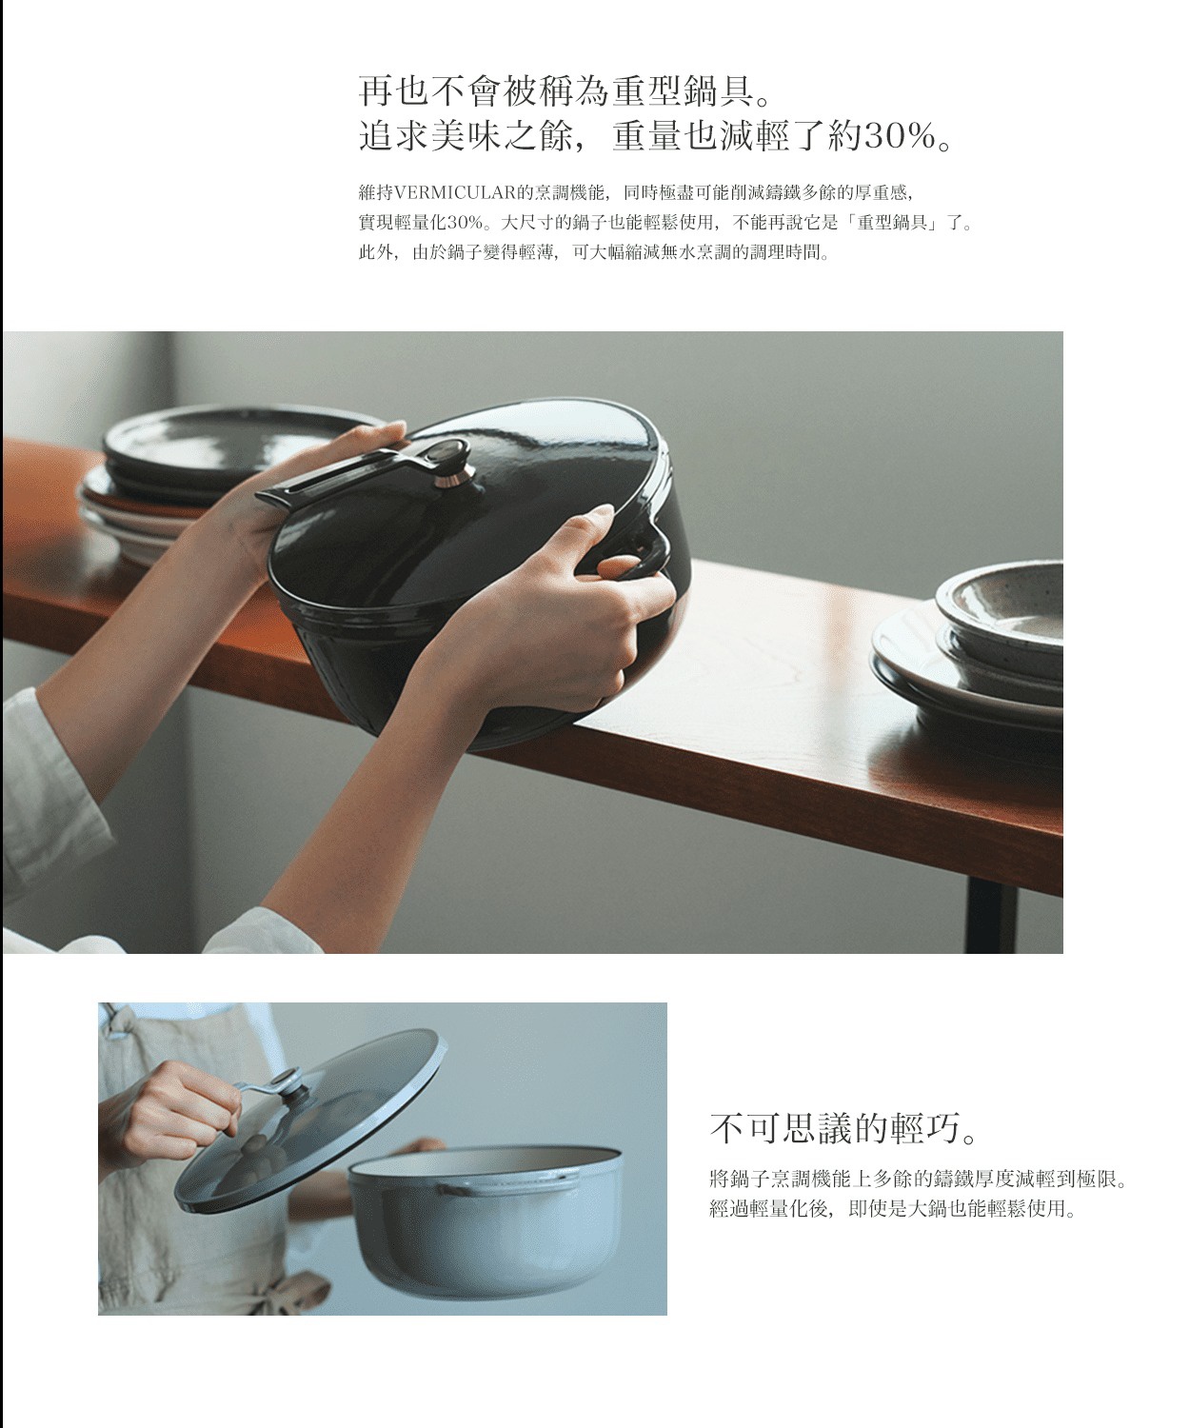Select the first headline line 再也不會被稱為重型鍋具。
563,92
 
